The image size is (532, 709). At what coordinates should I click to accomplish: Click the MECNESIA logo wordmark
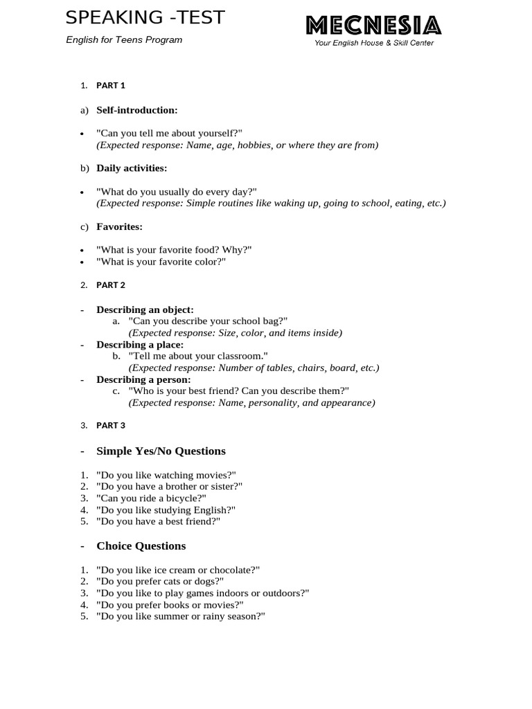[373, 26]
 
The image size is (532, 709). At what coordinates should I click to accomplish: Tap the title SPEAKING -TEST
[145, 18]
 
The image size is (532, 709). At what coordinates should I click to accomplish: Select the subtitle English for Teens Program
[124, 40]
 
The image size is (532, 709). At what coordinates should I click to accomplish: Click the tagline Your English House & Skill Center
[374, 43]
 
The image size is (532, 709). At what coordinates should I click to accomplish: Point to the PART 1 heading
[111, 86]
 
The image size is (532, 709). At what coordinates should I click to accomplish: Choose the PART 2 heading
[111, 285]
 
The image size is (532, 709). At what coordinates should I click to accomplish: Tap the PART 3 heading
[111, 426]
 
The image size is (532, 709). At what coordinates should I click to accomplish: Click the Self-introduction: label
[137, 110]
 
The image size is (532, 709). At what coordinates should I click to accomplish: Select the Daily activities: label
[132, 168]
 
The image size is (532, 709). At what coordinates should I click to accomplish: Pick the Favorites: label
[119, 226]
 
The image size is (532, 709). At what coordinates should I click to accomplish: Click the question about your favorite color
[161, 262]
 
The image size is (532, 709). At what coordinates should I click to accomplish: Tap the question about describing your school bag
[208, 321]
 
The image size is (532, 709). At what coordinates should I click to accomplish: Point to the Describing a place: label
[140, 345]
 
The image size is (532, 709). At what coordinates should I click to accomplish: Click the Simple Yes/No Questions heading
[161, 451]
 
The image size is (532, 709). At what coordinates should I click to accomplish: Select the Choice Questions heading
[141, 546]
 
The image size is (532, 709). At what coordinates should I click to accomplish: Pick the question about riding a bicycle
[152, 498]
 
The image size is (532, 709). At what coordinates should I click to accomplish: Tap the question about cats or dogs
[160, 582]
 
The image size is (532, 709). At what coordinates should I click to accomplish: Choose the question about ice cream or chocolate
[178, 570]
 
